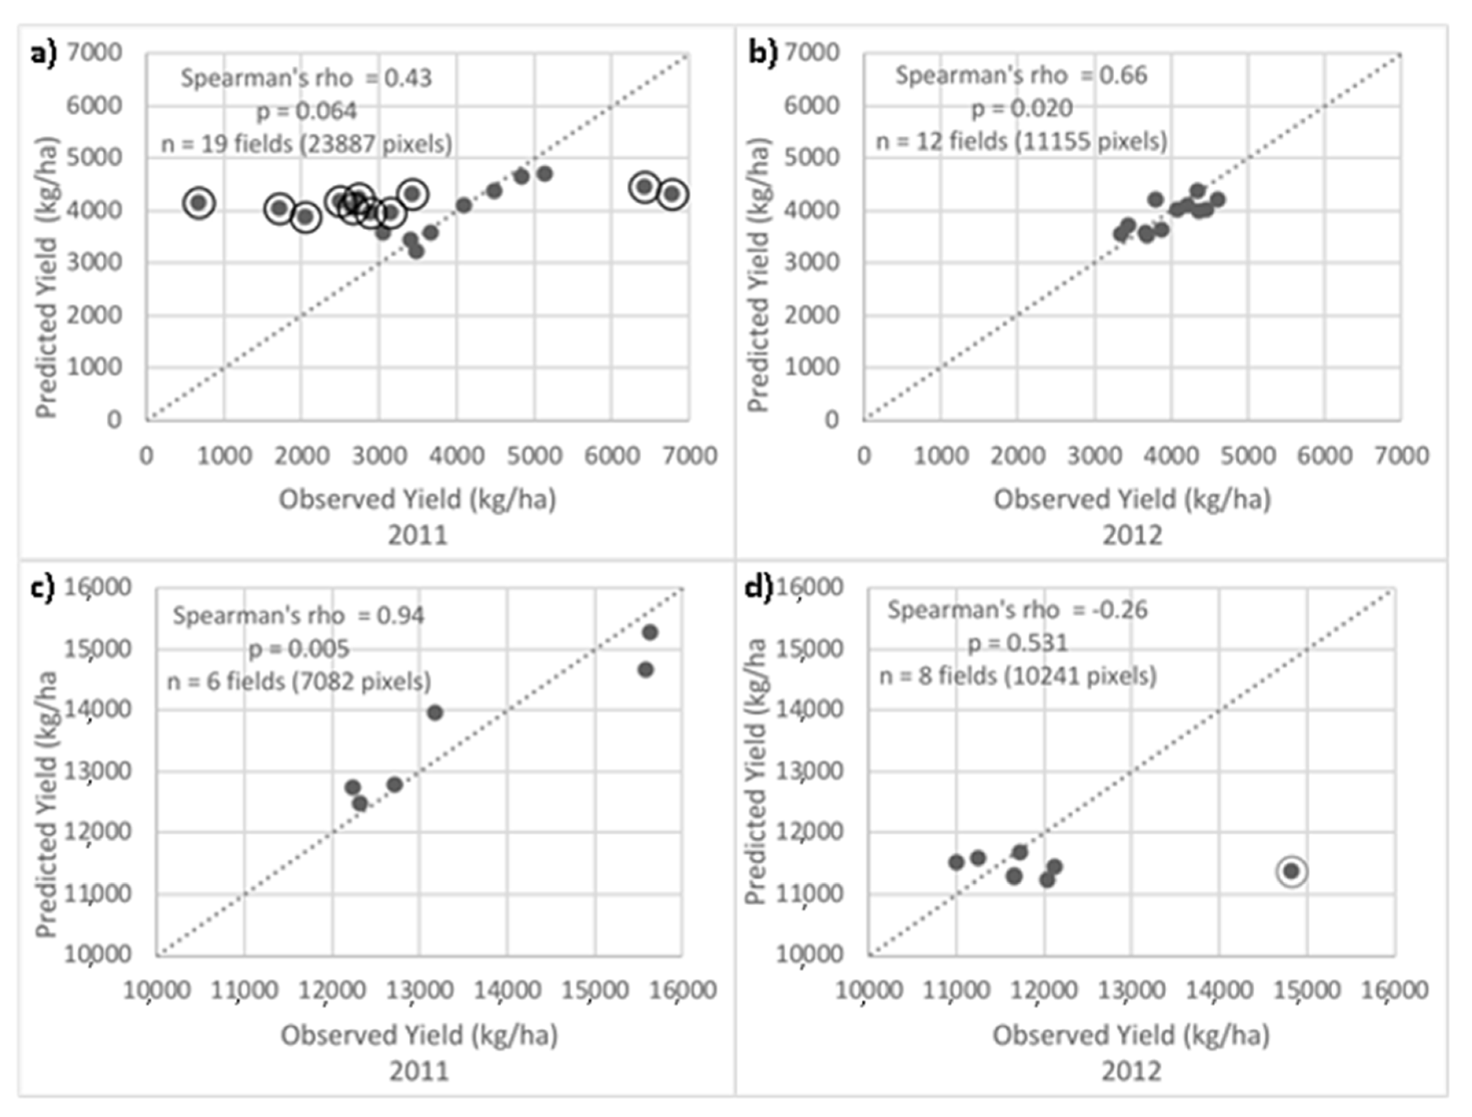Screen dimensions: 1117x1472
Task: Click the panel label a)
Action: (44, 53)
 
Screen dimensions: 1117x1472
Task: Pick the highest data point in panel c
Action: (650, 632)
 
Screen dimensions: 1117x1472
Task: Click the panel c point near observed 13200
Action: (434, 712)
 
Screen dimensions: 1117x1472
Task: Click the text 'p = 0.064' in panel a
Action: (307, 111)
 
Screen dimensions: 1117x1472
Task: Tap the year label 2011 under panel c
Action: (419, 1071)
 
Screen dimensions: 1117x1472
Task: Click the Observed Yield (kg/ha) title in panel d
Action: (1131, 1035)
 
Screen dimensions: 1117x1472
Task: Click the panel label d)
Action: (758, 588)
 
